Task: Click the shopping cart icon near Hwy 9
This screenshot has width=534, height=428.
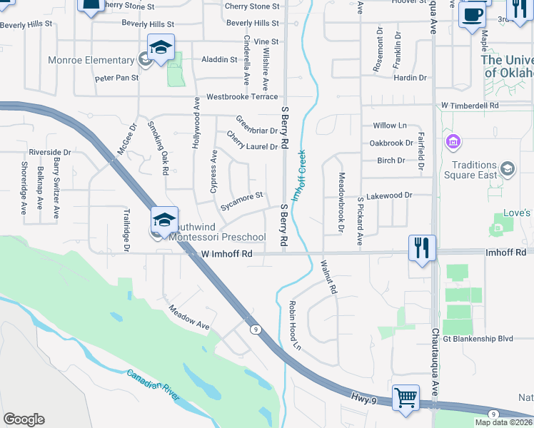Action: [x=405, y=397]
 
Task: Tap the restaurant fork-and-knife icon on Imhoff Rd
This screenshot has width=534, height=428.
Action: [x=422, y=248]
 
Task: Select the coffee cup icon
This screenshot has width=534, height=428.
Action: [x=472, y=15]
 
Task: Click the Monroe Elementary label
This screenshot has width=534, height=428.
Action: [x=91, y=61]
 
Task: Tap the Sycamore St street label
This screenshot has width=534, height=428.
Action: [x=243, y=195]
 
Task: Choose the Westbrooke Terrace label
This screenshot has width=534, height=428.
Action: [x=242, y=96]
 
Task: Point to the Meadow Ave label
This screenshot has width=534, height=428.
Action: [x=189, y=317]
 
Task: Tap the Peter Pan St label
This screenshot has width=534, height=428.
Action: [x=116, y=77]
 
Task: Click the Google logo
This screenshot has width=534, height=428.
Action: [x=24, y=419]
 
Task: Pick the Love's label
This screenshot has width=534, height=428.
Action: [x=517, y=213]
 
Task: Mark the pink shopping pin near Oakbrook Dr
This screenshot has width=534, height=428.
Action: [x=452, y=142]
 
